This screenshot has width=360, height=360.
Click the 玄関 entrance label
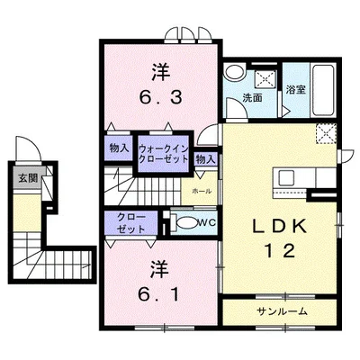pyautogui.click(x=28, y=178)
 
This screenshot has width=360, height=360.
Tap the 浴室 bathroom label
pyautogui.click(x=295, y=89)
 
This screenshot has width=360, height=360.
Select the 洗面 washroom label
pyautogui.click(x=252, y=98)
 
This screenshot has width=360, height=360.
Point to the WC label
pyautogui.click(x=207, y=222)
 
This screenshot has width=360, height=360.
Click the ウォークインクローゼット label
pyautogui.click(x=164, y=154)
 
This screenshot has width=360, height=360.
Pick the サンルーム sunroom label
pyautogui.click(x=283, y=311)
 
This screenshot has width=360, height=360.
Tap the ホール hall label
pyautogui.click(x=202, y=191)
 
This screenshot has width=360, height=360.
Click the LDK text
pyautogui.click(x=280, y=227)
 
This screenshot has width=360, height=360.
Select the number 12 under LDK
pyautogui.click(x=280, y=251)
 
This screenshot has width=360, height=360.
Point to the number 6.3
pyautogui.click(x=161, y=97)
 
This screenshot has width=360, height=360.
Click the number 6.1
pyautogui.click(x=158, y=294)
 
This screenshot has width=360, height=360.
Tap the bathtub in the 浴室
pyautogui.click(x=323, y=90)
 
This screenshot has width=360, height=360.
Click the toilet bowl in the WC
pyautogui.click(x=187, y=222)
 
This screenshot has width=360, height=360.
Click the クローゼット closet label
pyautogui.click(x=131, y=223)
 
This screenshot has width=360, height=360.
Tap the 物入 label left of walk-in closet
pyautogui.click(x=119, y=148)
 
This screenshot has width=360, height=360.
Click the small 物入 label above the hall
pyautogui.click(x=206, y=159)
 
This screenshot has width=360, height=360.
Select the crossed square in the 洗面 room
pyautogui.click(x=265, y=78)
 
